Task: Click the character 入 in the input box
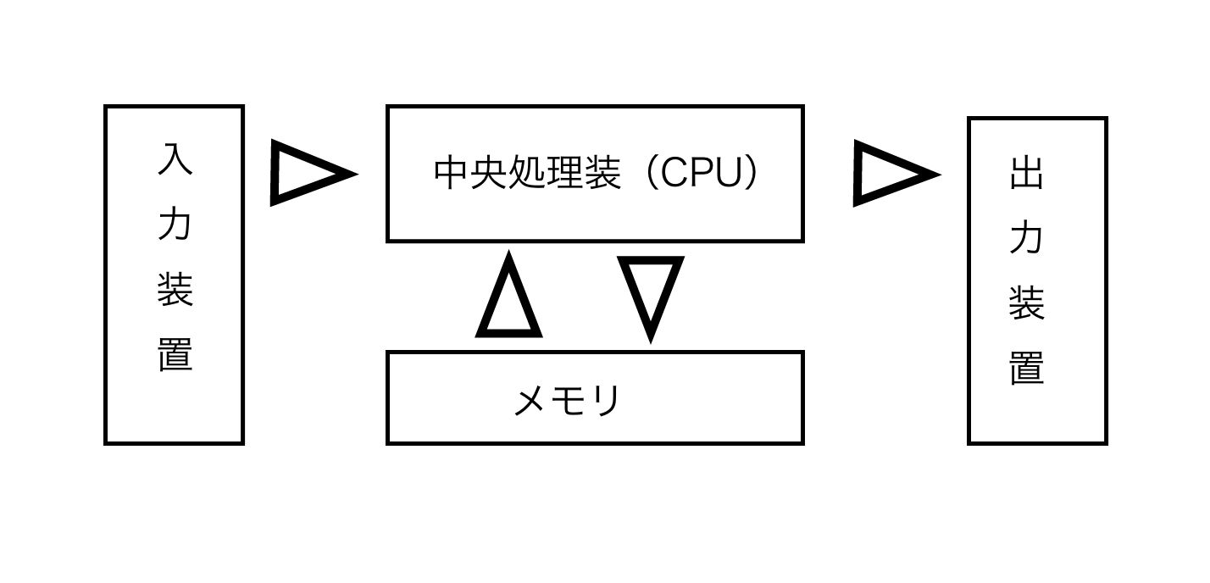click(x=175, y=159)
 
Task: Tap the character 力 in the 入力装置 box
click(x=175, y=224)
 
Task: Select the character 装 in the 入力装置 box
click(x=175, y=289)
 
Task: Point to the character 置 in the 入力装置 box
click(x=175, y=353)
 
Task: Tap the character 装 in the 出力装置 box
click(x=1027, y=303)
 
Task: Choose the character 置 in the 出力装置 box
click(x=1027, y=368)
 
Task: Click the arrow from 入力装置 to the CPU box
click(x=308, y=174)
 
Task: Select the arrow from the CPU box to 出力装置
click(x=891, y=174)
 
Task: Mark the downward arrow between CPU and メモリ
click(x=650, y=292)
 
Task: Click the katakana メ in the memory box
click(x=531, y=401)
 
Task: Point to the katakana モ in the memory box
click(x=569, y=401)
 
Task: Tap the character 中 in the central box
click(x=452, y=173)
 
